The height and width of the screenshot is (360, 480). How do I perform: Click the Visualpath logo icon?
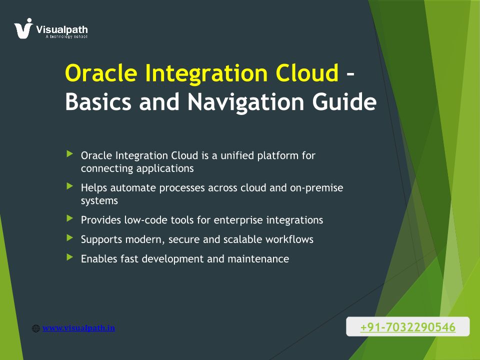[23, 28]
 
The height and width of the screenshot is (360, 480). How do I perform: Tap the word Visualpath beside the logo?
[62, 29]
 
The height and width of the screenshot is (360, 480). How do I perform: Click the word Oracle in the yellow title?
[101, 73]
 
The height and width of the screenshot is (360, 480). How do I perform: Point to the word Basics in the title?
[98, 101]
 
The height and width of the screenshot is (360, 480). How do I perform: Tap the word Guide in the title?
[344, 101]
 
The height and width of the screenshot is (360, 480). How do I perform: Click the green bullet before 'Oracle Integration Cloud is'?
[70, 153]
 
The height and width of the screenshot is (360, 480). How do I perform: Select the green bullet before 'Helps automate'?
[70, 186]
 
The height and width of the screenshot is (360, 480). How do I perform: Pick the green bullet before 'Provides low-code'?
[70, 218]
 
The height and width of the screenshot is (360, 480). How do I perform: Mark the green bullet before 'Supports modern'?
[70, 237]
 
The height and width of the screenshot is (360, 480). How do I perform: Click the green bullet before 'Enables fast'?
[70, 257]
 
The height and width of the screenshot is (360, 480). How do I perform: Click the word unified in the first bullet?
[237, 155]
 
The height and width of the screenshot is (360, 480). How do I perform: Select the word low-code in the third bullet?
[145, 220]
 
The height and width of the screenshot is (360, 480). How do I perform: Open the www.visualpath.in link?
[78, 328]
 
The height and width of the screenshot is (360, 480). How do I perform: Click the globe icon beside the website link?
[36, 328]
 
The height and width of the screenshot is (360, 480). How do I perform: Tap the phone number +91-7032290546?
[408, 327]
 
